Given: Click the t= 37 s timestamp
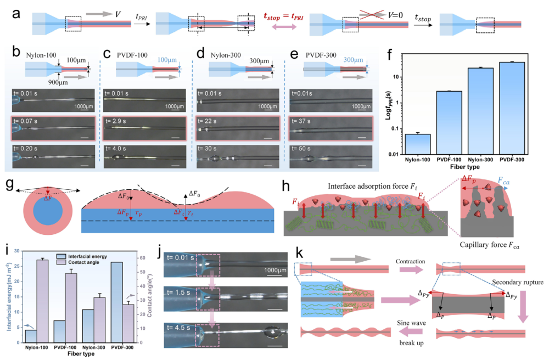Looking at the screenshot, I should pos(303,120).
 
